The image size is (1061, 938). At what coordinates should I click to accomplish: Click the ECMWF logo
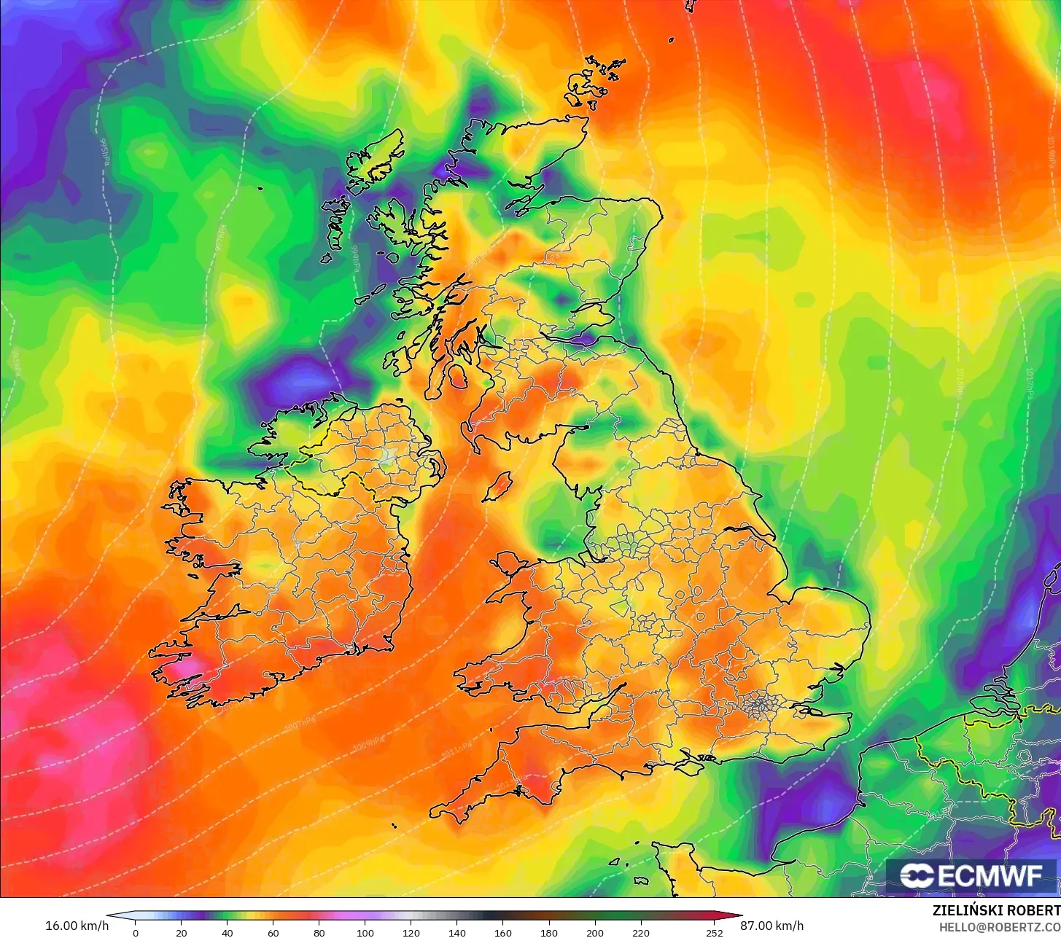pyautogui.click(x=971, y=875)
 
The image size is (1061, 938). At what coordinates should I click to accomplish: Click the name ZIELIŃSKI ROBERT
pyautogui.click(x=996, y=910)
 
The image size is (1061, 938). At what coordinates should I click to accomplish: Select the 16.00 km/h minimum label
pyautogui.click(x=77, y=926)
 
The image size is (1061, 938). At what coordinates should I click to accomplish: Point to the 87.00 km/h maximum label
pyautogui.click(x=772, y=926)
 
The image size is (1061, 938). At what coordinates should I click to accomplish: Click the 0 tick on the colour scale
pyautogui.click(x=135, y=932)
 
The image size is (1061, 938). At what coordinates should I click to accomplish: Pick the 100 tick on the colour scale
pyautogui.click(x=365, y=932)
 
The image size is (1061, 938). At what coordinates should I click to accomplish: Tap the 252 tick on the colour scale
pyautogui.click(x=715, y=932)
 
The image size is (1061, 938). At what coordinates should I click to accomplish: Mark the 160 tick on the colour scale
pyautogui.click(x=503, y=932)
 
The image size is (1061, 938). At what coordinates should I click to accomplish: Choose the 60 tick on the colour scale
pyautogui.click(x=273, y=932)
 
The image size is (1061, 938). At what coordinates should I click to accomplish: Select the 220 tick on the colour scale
pyautogui.click(x=641, y=932)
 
